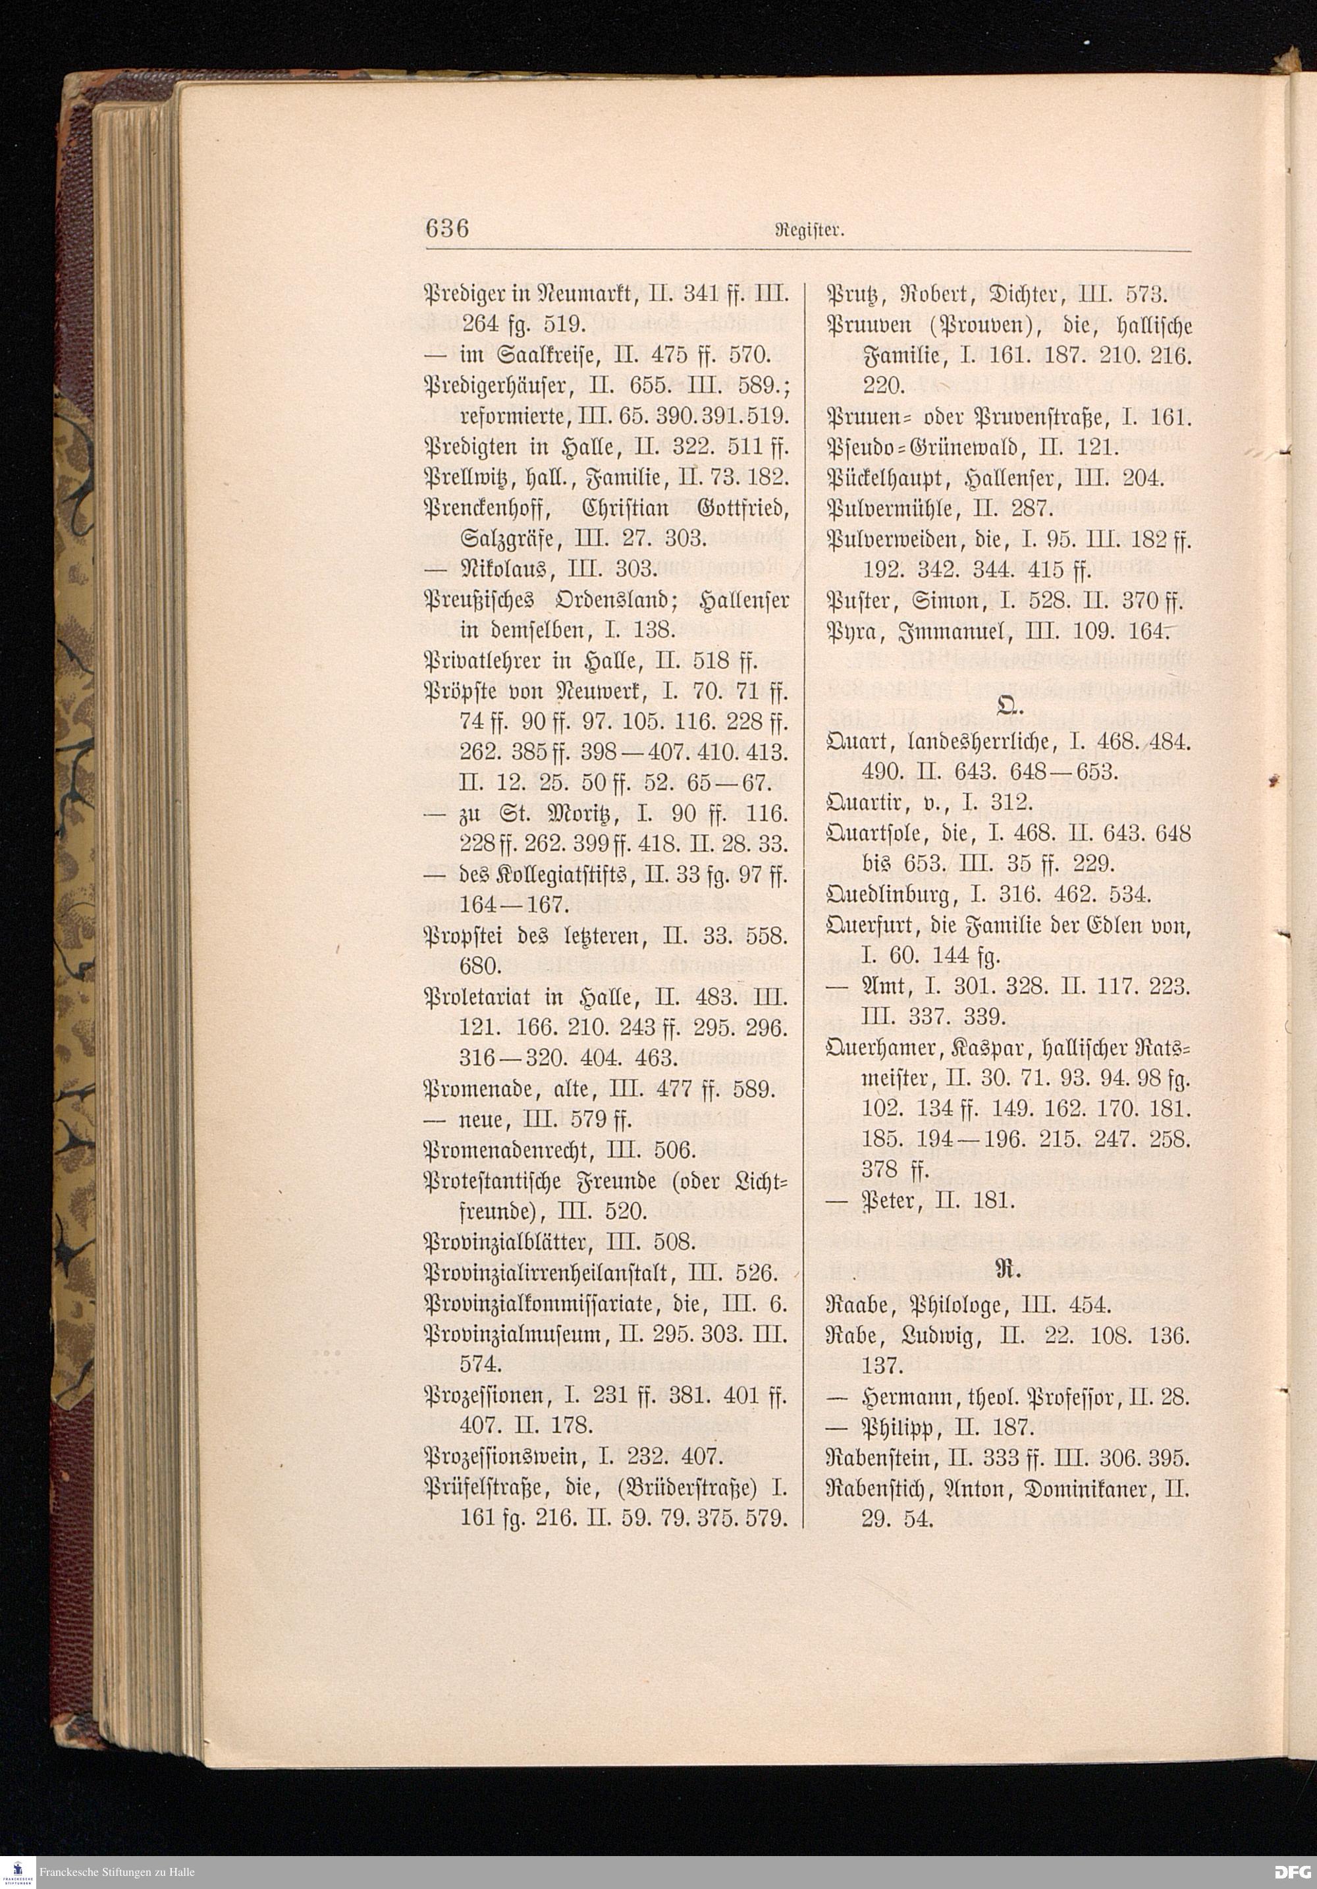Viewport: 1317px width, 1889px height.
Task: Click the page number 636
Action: [446, 228]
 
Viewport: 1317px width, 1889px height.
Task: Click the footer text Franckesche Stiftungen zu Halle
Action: [116, 1871]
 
